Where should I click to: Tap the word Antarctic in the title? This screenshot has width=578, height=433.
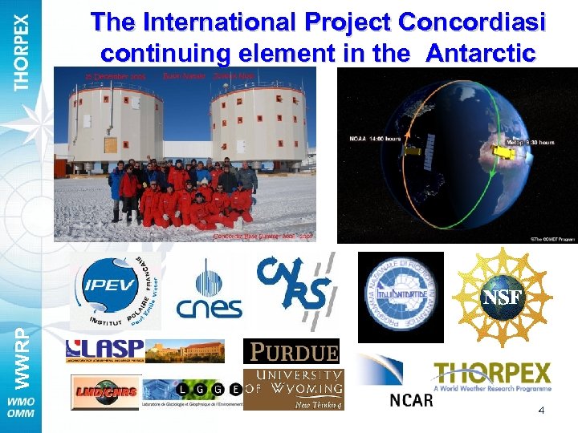pyautogui.click(x=481, y=55)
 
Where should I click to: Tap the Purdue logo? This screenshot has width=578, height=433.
pyautogui.click(x=291, y=351)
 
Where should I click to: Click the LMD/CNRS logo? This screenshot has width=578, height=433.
pyautogui.click(x=104, y=392)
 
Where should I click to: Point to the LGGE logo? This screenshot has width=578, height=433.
pyautogui.click(x=192, y=392)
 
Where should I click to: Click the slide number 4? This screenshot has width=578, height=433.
pyautogui.click(x=541, y=411)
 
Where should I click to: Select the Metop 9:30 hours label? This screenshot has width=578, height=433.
pyautogui.click(x=530, y=142)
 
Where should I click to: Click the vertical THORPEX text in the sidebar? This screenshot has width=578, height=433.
pyautogui.click(x=22, y=51)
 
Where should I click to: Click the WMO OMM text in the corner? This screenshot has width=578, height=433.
pyautogui.click(x=22, y=407)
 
